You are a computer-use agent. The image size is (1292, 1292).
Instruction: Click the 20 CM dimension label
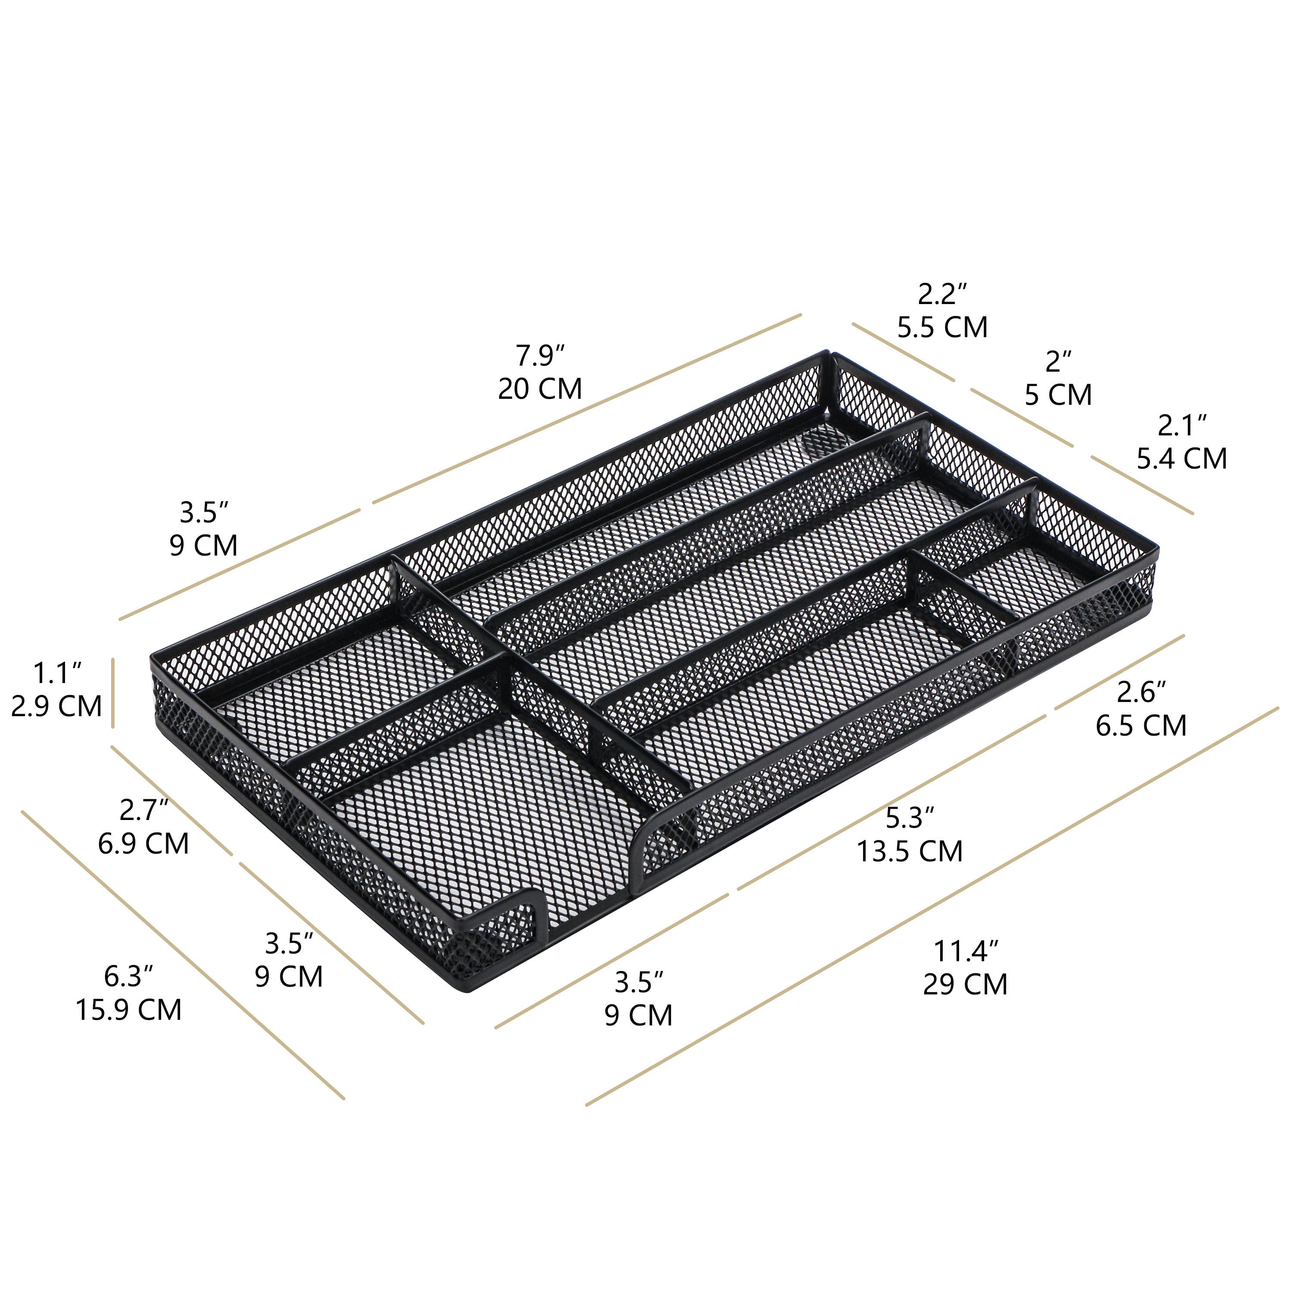click(x=540, y=388)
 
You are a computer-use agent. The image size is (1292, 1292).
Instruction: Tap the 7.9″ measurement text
click(x=540, y=356)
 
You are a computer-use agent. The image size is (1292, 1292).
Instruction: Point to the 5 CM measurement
click(x=1058, y=394)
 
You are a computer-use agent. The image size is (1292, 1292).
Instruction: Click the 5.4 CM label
click(x=1182, y=458)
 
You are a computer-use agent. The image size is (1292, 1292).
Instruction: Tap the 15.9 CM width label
click(x=128, y=1010)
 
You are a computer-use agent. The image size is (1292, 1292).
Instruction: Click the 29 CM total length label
click(x=965, y=985)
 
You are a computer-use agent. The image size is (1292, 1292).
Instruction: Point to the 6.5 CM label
click(x=1141, y=726)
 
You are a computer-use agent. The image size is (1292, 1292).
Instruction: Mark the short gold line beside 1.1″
click(x=113, y=692)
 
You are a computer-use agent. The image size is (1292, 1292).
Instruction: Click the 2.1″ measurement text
click(x=1182, y=425)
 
